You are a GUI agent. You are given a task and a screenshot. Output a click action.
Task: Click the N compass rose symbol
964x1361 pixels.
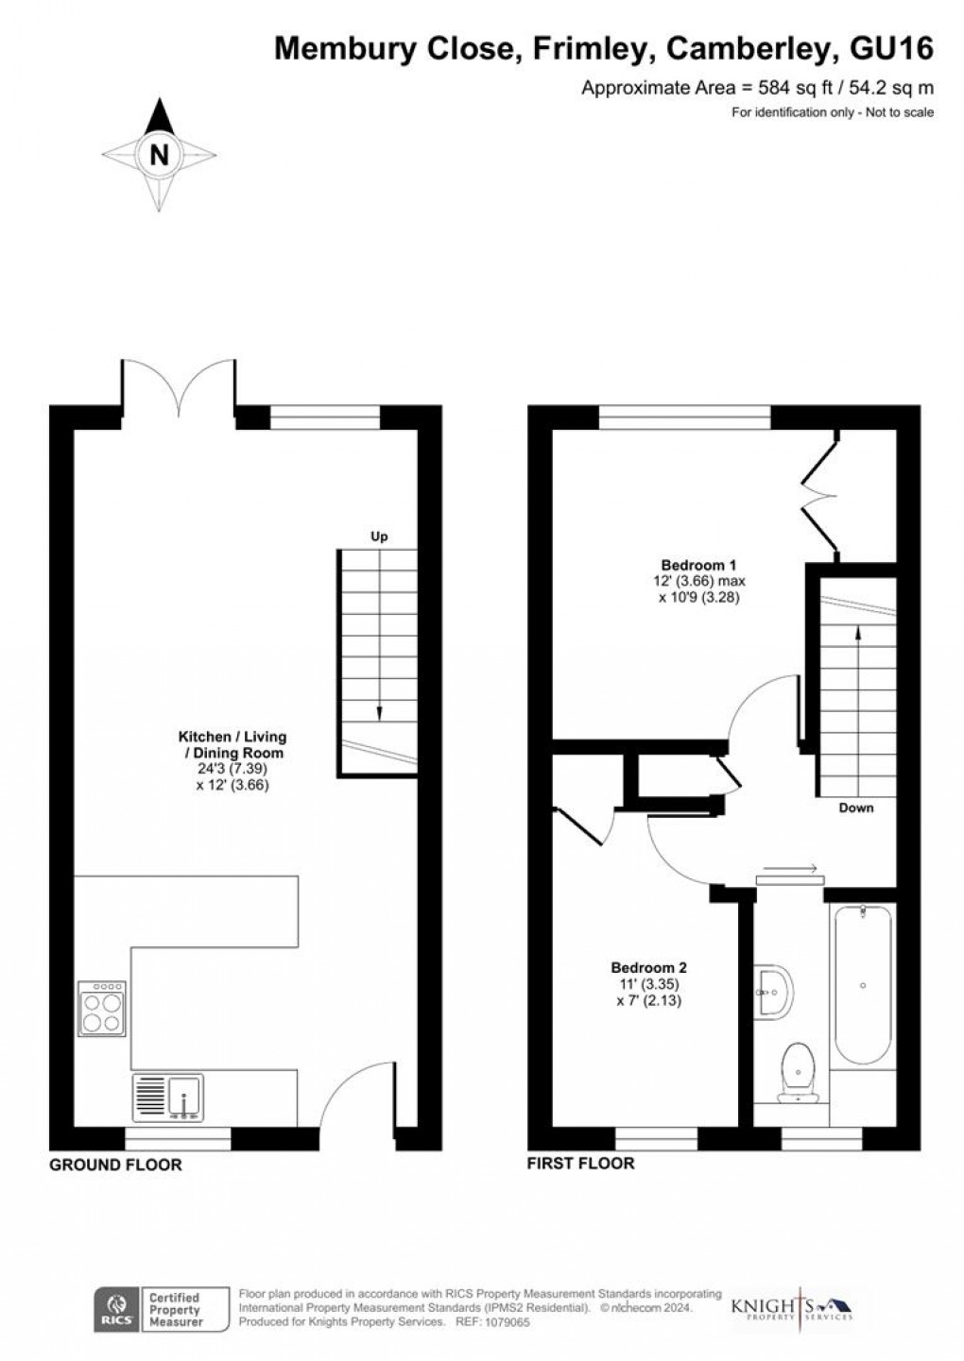(160, 153)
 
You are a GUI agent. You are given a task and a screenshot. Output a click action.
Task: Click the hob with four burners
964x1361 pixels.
(102, 1009)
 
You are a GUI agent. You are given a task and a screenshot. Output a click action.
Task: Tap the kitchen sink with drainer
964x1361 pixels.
(168, 1097)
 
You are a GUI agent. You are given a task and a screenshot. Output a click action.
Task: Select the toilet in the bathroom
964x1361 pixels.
(796, 1073)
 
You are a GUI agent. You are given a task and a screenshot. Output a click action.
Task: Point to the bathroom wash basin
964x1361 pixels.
(773, 993)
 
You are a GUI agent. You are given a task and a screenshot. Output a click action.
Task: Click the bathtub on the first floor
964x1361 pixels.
(862, 987)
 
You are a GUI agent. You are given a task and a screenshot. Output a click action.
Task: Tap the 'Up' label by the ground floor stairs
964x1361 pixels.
(379, 536)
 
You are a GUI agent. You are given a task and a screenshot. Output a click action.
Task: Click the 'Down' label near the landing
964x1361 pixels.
(856, 808)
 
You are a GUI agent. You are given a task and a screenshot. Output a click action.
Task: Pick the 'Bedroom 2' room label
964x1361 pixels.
(648, 967)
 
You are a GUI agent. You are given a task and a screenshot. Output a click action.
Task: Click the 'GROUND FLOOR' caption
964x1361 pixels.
(115, 1165)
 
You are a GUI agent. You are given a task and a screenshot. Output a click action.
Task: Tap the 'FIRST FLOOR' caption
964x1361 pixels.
(580, 1164)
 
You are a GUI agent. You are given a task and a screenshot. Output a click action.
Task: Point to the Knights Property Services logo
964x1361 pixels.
(792, 1308)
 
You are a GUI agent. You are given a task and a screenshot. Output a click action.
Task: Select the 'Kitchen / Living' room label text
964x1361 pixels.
(232, 737)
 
